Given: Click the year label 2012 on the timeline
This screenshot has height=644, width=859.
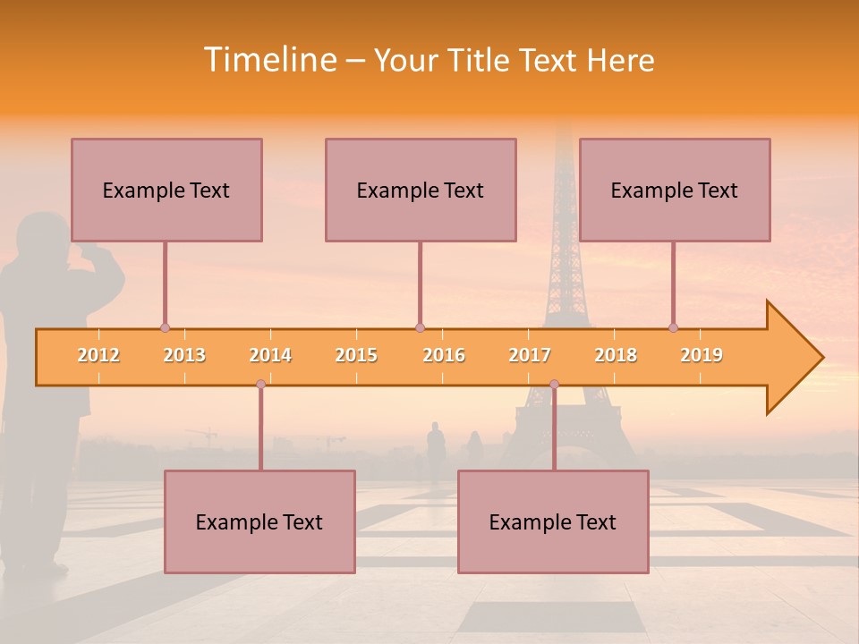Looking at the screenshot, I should (x=98, y=355).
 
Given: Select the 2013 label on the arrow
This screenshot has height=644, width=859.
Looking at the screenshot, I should (x=184, y=355).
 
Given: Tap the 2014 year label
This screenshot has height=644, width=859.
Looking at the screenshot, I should (x=270, y=355).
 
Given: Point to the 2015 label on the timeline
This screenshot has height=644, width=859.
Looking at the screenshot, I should (x=356, y=355).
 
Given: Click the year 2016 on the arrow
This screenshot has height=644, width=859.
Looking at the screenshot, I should (x=444, y=355).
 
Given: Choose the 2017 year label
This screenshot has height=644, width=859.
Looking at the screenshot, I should (x=530, y=355).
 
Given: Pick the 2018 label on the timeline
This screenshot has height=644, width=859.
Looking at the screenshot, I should (x=616, y=355).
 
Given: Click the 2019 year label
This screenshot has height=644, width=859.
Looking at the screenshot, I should (x=702, y=355).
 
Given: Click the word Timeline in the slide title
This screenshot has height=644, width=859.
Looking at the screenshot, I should (x=269, y=60).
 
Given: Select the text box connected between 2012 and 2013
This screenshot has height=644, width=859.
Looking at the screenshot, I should (x=166, y=190).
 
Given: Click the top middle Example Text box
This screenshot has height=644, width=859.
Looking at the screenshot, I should (x=421, y=190).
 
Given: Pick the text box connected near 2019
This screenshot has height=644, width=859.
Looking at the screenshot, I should (x=675, y=190).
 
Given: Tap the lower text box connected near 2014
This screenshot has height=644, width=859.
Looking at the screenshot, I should (x=259, y=521).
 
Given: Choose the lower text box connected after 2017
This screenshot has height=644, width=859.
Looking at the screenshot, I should (x=553, y=521).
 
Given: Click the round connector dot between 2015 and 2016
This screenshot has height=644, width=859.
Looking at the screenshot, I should (x=420, y=327).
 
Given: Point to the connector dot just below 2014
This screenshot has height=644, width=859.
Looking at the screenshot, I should (x=260, y=384).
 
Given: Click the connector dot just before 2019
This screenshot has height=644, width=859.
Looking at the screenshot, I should (x=674, y=327).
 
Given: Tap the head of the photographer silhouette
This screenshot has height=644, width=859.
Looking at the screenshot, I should (x=45, y=234).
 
